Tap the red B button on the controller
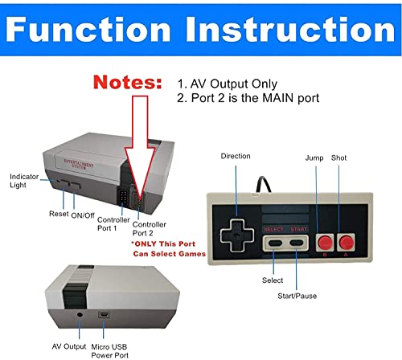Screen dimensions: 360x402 (324, 242)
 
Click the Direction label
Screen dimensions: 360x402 (235, 156)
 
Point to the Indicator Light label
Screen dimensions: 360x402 (24, 180)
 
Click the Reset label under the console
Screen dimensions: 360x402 (58, 214)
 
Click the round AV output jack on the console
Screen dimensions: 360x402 (81, 313)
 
